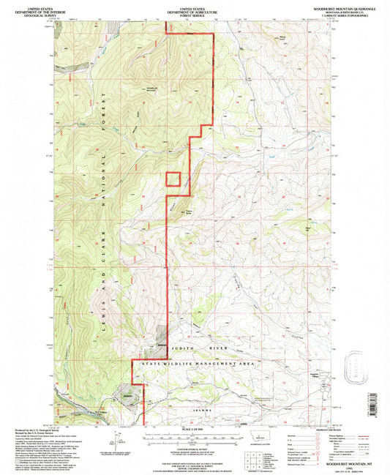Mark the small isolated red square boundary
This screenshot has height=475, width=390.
pyautogui.click(x=173, y=179)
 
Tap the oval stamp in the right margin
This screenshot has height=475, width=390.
pyautogui.click(x=356, y=364)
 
